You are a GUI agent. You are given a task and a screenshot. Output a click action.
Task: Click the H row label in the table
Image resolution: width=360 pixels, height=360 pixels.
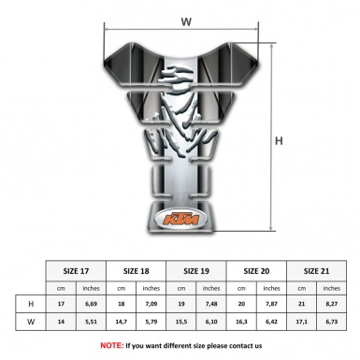[32, 304]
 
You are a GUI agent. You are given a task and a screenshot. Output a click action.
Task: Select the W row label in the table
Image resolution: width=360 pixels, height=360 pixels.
[32, 321]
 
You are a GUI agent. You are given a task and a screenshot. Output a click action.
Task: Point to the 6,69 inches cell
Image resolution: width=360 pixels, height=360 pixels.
[92, 304]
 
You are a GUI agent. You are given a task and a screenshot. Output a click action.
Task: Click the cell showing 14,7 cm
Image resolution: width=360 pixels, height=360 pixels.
[122, 321]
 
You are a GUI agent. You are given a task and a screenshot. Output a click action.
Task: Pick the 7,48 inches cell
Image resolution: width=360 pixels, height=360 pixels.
[212, 304]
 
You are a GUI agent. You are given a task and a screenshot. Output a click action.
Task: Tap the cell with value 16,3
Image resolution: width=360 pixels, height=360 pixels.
[242, 321]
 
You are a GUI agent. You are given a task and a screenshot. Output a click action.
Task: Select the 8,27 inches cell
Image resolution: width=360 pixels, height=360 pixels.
[331, 304]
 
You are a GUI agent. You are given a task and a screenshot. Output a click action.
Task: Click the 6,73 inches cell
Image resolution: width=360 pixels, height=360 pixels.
[331, 321]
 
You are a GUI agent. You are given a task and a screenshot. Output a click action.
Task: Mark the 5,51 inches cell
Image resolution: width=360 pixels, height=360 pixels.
[92, 321]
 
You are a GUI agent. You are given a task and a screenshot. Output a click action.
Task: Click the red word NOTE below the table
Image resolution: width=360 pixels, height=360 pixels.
[111, 345]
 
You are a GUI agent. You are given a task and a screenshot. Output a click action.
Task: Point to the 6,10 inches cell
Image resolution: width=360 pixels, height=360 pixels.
[212, 321]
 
